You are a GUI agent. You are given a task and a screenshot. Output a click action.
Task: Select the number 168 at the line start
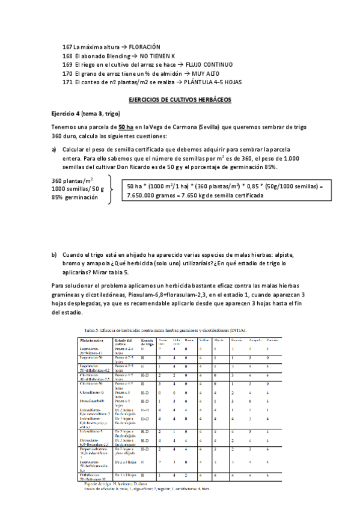tap(67, 55)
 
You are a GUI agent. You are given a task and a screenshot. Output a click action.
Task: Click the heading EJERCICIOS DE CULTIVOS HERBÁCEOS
tap(180, 99)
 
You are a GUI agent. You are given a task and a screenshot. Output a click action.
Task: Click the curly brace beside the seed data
tap(111, 189)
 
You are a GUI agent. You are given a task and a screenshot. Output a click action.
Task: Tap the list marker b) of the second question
tap(55, 255)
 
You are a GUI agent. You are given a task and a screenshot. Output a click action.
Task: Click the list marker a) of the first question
tap(55, 149)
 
